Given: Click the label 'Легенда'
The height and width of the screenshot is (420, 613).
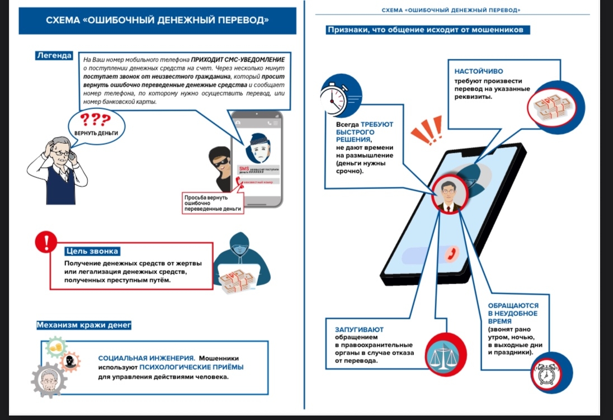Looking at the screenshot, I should pos(54,55).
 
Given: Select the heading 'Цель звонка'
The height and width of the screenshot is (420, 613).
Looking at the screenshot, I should pos(92,251).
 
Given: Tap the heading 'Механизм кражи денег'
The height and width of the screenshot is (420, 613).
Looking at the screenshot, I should pos(83,325).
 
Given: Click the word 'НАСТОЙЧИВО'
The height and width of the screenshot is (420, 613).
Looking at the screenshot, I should pos(479,72).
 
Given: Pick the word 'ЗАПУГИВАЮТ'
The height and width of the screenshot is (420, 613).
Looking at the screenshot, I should pos(360,330).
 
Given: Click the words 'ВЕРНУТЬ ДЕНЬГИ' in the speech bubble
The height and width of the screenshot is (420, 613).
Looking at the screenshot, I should pos(96,134).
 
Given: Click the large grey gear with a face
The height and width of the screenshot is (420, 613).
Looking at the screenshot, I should pos(49,381).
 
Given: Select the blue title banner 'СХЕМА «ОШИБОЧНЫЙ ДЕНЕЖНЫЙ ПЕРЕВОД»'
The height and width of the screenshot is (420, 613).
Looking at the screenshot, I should pos(158,21).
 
